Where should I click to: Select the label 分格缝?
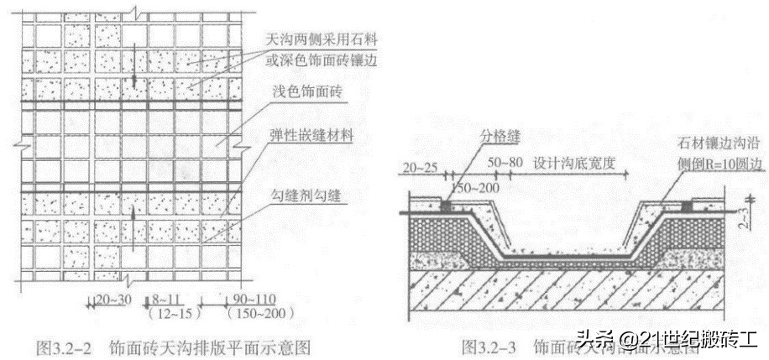click(499, 134)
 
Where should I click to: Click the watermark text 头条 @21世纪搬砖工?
click(667, 340)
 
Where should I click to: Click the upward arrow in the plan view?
click(133, 221)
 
